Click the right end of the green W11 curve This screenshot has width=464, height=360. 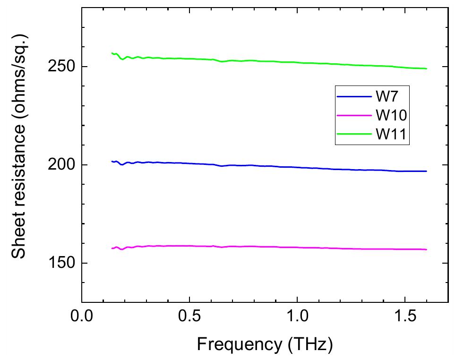(426, 69)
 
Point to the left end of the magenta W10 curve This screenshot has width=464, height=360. (112, 248)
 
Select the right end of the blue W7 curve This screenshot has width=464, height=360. (426, 171)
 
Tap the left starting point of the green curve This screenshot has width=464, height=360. (112, 53)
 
